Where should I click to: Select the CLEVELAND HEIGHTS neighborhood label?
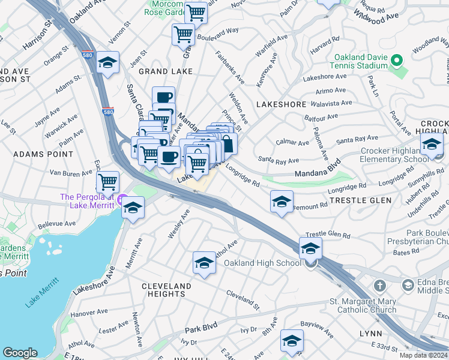(166, 290)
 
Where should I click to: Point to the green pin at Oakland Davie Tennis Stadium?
(396, 61)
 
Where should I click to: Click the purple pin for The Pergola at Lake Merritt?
(122, 199)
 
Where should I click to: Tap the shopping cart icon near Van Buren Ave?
(107, 180)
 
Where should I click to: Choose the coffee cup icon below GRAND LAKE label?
(163, 97)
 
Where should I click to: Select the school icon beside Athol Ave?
(204, 262)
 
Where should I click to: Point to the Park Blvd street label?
(200, 330)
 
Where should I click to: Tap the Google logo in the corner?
(20, 353)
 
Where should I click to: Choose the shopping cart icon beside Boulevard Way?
(183, 34)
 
